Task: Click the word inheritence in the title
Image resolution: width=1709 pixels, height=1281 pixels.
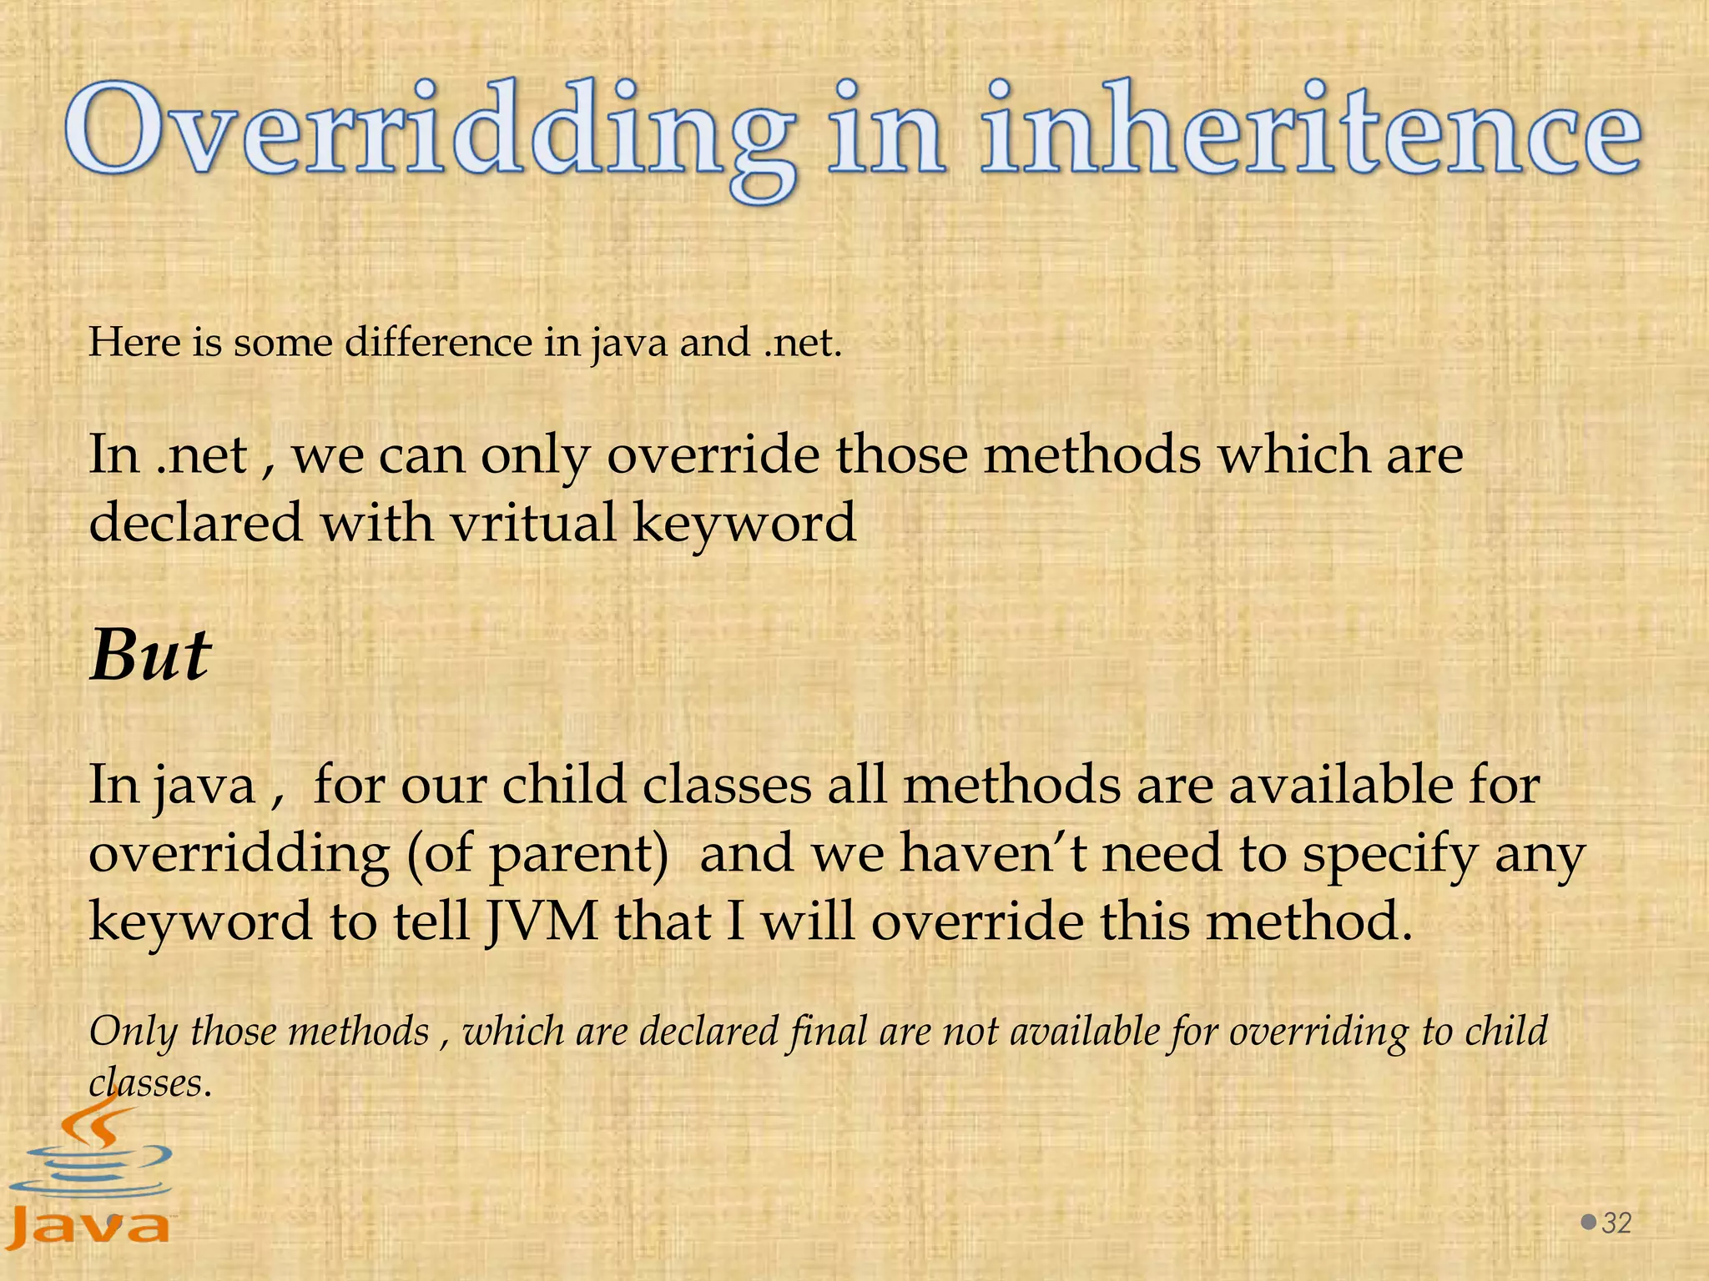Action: (1310, 133)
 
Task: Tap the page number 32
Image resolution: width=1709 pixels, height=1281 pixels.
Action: (1616, 1223)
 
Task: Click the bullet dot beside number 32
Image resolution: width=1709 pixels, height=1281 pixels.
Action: (1589, 1222)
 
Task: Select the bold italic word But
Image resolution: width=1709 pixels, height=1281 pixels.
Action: (150, 656)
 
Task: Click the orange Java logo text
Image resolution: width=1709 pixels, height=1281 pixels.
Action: (90, 1227)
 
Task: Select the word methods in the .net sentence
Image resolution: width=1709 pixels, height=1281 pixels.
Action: (1092, 455)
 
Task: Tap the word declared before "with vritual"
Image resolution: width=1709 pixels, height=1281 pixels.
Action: (195, 524)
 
